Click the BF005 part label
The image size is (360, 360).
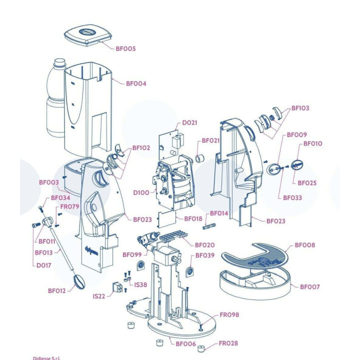point(125,48)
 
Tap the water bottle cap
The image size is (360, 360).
point(59,62)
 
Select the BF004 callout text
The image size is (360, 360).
point(136,83)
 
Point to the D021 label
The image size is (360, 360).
point(189,123)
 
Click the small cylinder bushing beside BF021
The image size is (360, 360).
point(199,158)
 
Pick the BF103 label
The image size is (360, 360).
point(300,108)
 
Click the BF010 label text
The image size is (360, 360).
point(312,143)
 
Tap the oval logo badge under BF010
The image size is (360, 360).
point(297,164)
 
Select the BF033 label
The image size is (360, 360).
point(292,198)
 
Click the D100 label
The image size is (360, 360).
point(141,192)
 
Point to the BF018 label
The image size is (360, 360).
point(193,219)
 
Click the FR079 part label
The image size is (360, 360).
point(69,206)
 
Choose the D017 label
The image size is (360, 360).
point(43,265)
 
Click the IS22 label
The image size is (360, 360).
point(98,296)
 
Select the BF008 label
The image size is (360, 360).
point(305,245)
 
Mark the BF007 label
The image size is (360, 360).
point(309,287)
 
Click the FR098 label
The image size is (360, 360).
point(229,315)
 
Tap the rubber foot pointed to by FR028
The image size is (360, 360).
point(201,349)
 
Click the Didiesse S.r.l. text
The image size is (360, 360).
point(46,358)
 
